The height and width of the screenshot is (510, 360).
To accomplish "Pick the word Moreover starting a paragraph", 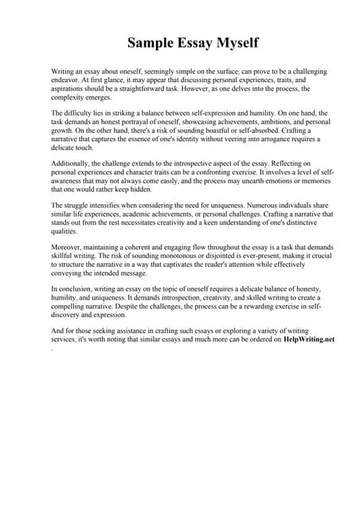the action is coord(67,247).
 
